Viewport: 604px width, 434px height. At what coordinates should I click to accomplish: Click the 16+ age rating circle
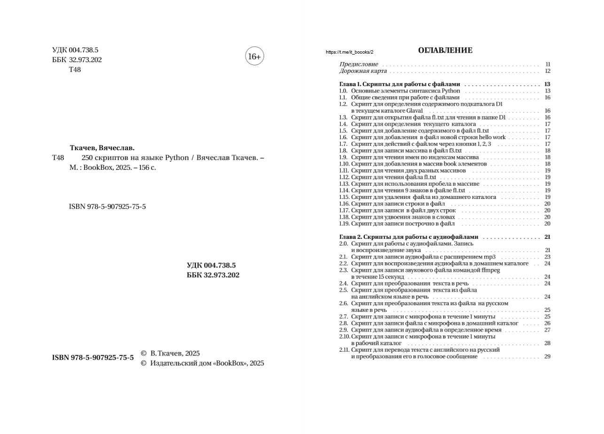(254, 56)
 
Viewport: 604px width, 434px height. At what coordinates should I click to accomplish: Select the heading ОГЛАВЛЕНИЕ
(445, 50)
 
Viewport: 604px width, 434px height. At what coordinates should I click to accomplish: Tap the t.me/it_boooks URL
(349, 52)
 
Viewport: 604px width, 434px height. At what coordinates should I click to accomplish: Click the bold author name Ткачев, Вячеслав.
(102, 148)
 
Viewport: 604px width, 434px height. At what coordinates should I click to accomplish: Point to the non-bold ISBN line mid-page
(107, 206)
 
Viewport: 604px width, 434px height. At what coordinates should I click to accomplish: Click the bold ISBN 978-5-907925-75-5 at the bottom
(93, 358)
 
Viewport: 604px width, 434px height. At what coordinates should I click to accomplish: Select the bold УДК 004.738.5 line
(211, 265)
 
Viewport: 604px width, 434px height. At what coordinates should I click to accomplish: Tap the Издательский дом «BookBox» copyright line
(203, 363)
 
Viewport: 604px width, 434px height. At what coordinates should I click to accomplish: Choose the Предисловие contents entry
(359, 64)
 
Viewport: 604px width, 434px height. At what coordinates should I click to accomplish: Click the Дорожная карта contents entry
(363, 71)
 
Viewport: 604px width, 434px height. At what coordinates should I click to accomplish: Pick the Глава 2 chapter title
(408, 237)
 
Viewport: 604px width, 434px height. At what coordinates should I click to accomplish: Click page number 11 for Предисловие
(548, 64)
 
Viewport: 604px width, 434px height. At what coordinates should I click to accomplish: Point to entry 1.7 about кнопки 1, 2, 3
(421, 144)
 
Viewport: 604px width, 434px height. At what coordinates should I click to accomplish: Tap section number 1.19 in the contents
(344, 224)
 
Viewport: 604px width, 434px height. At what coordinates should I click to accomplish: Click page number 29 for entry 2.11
(547, 356)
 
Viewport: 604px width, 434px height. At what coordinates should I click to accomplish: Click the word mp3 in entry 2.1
(490, 257)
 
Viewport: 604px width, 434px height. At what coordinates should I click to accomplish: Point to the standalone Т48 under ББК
(75, 70)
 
